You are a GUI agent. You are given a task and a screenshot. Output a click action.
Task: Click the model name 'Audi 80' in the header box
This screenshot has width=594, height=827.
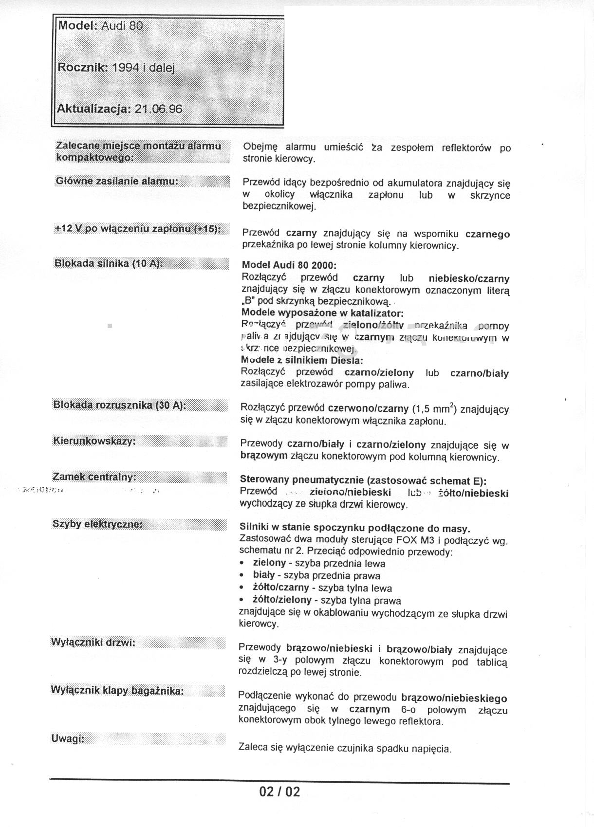click(x=122, y=26)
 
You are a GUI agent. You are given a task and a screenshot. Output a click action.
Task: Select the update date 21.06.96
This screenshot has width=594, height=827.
click(x=158, y=109)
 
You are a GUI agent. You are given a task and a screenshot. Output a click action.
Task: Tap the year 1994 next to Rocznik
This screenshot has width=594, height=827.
click(x=126, y=68)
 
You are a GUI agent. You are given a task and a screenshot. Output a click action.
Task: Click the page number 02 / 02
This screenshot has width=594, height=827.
click(x=280, y=792)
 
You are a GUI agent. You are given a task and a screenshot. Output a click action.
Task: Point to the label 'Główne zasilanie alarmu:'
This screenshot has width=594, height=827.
click(x=117, y=181)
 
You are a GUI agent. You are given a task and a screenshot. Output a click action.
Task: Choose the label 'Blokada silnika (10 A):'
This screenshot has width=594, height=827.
click(x=108, y=263)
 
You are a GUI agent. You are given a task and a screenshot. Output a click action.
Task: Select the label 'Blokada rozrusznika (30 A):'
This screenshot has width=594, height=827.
click(x=120, y=405)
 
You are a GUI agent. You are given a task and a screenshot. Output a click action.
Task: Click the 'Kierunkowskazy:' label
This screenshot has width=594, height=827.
click(x=94, y=441)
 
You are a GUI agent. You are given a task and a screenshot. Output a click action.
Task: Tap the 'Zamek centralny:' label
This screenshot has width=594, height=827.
click(x=94, y=477)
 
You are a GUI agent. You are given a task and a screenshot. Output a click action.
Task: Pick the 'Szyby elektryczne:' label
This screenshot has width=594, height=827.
click(x=97, y=524)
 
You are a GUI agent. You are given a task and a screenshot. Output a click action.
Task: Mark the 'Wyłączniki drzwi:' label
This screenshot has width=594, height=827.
click(x=93, y=643)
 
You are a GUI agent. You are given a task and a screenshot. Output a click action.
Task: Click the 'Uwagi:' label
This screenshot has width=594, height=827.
click(x=68, y=739)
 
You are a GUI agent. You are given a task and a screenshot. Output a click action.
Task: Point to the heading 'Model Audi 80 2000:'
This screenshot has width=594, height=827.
click(x=289, y=266)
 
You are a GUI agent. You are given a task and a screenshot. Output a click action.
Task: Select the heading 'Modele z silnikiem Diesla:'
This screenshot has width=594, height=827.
click(x=302, y=361)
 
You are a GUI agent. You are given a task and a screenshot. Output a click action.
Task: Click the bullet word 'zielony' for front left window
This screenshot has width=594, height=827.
click(x=269, y=563)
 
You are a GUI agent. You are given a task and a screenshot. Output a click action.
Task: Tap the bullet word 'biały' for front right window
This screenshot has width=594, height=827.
click(x=264, y=575)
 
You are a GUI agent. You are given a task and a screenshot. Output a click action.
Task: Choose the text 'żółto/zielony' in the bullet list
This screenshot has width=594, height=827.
click(x=282, y=600)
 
